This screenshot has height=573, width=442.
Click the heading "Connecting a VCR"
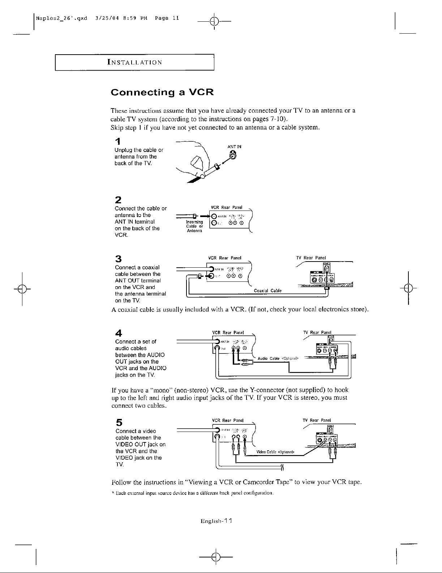tap(162, 92)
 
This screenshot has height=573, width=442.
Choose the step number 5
tap(118, 422)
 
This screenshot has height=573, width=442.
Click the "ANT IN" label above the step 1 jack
tap(234, 147)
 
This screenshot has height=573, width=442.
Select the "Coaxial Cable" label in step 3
tap(267, 290)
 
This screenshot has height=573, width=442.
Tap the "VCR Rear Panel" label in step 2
tap(226, 207)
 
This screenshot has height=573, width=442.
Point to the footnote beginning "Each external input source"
tap(193, 493)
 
